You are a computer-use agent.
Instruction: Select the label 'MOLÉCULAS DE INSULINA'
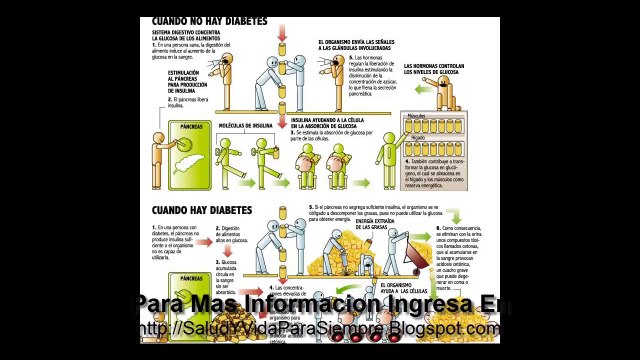pos(246,126)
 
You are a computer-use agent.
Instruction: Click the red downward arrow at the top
pos(282,29)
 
